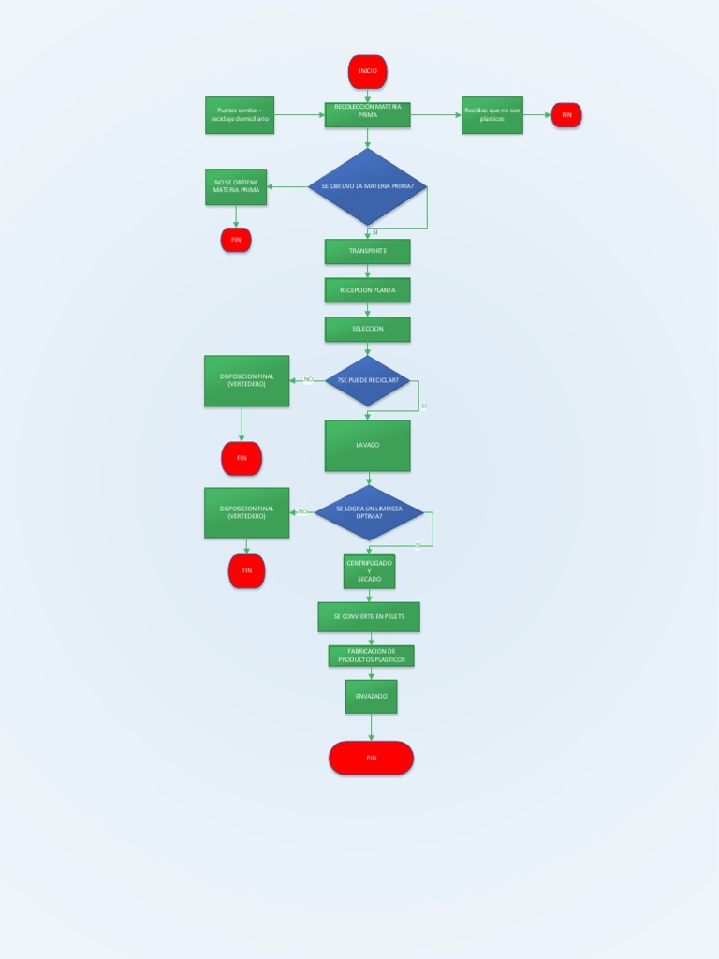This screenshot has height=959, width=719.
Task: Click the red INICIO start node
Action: coord(367,71)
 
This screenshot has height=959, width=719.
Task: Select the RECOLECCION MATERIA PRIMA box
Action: coord(367,115)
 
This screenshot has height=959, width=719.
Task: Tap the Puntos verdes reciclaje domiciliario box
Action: coord(240,115)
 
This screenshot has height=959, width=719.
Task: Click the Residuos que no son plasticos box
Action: coord(492,115)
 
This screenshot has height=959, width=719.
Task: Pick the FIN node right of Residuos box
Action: coord(566,115)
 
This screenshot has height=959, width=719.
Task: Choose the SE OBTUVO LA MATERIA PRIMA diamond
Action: coord(367,186)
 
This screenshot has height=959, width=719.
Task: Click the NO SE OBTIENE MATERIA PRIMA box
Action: coord(236,186)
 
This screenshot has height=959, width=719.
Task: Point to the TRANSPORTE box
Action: coord(367,252)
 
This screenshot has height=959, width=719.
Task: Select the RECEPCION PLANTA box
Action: coord(367,290)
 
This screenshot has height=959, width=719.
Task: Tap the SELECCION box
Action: coord(367,329)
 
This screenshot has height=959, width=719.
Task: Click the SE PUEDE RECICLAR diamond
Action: coord(367,380)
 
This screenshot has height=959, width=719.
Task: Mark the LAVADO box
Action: coord(367,445)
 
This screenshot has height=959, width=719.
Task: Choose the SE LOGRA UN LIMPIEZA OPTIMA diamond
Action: coord(368,512)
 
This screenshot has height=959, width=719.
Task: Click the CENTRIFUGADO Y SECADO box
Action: coord(369,571)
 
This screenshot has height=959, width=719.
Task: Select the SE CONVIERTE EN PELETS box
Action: coord(369,616)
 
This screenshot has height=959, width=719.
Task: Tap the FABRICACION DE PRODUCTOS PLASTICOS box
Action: coord(371,656)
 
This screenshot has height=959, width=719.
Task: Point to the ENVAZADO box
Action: coord(371,697)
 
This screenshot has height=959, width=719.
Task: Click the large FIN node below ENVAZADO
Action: coord(371,758)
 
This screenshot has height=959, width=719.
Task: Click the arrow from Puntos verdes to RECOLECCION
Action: coord(300,115)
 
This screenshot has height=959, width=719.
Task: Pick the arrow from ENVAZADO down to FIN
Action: coord(371,728)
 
